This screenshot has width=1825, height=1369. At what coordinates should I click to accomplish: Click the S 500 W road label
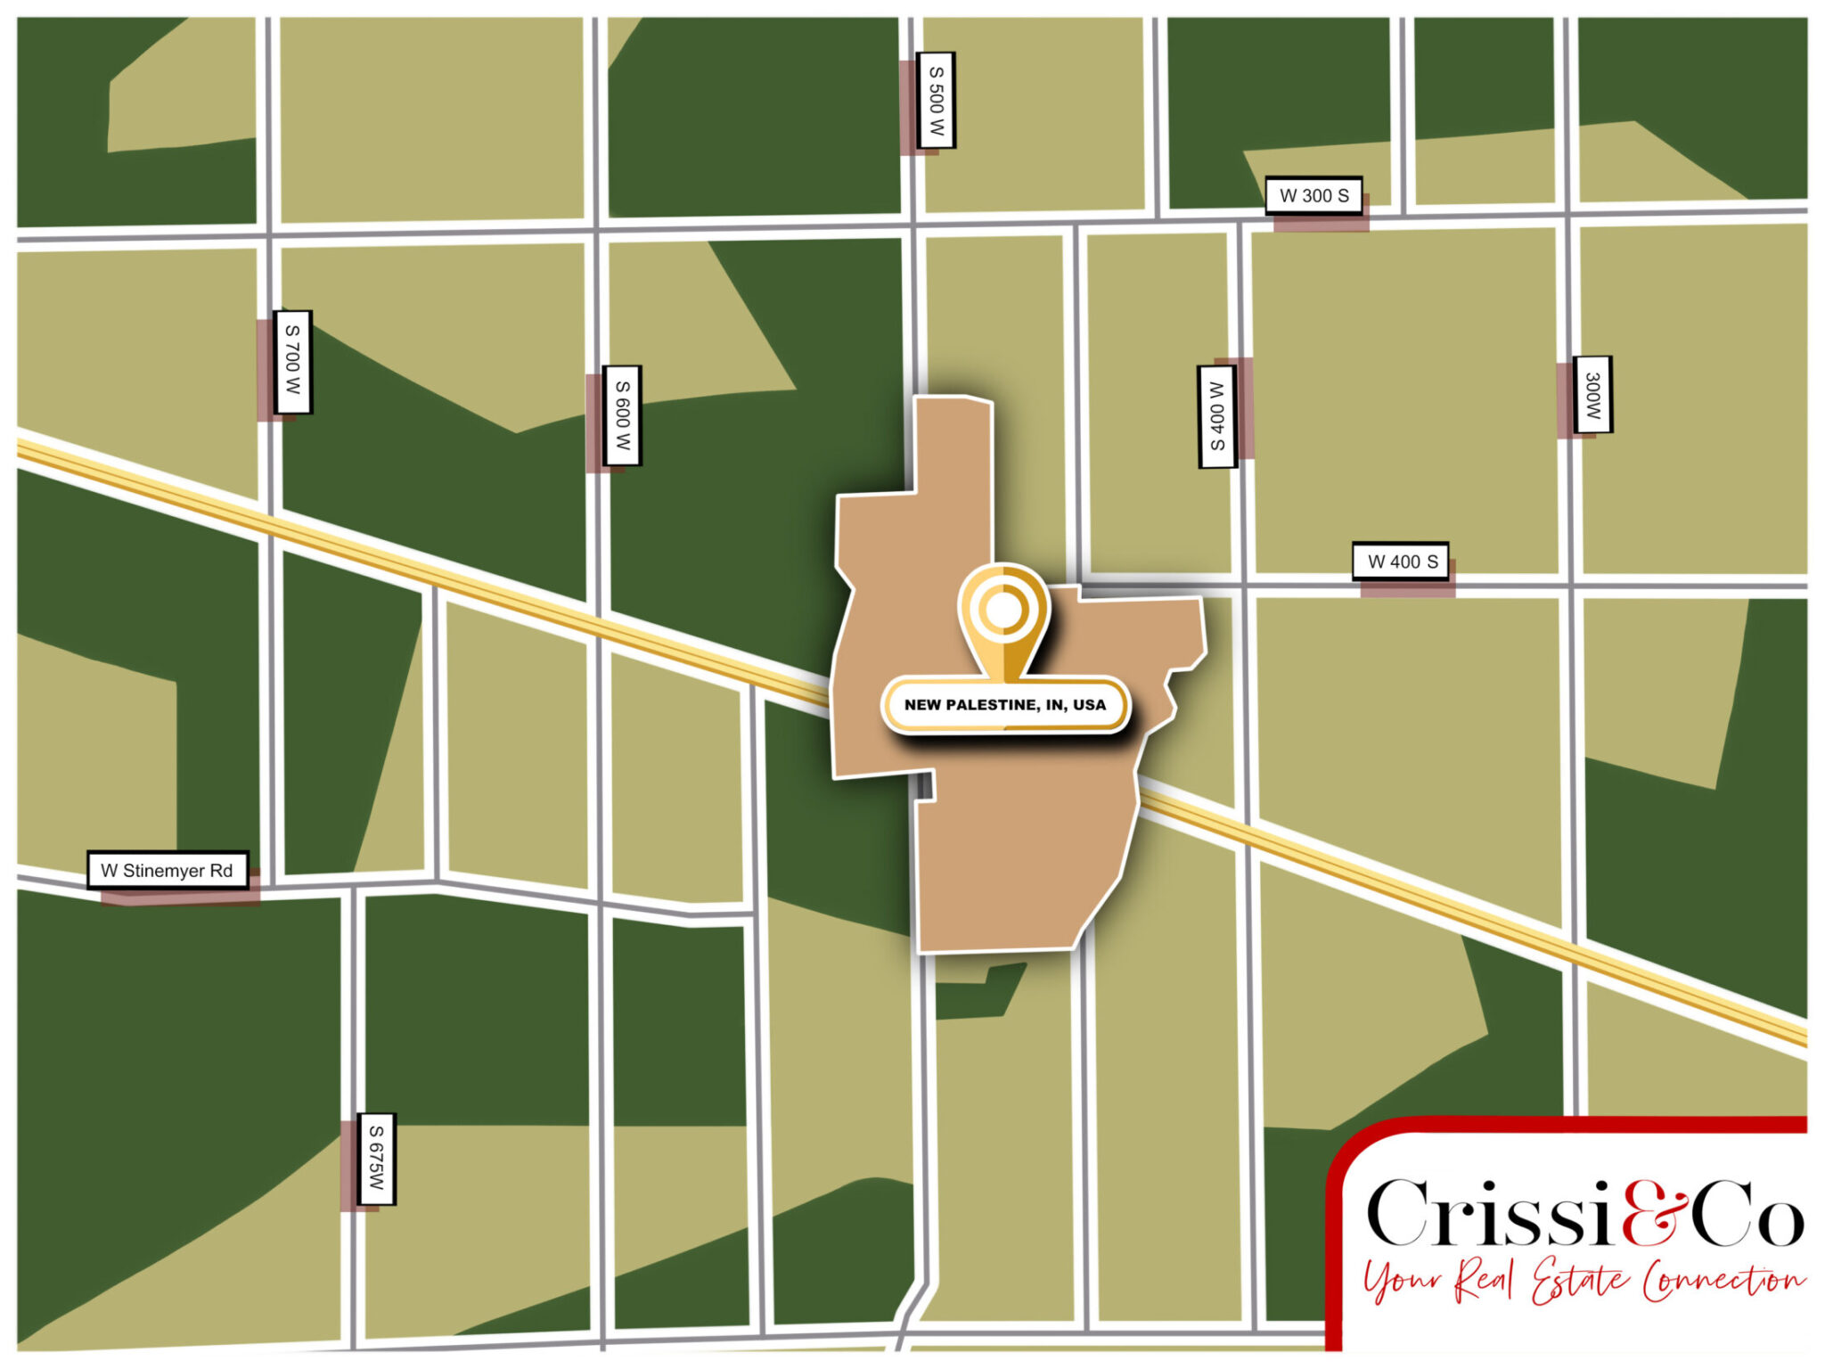[936, 100]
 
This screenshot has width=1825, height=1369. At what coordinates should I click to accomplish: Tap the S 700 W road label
[292, 362]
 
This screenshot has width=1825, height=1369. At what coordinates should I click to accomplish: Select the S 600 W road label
[622, 415]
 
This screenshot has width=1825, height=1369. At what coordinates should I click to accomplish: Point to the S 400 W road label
[1216, 416]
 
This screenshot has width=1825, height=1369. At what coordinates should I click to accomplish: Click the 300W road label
[1592, 395]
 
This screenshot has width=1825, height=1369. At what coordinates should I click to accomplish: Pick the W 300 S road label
[1314, 195]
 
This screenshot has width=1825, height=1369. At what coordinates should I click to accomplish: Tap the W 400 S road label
[1401, 562]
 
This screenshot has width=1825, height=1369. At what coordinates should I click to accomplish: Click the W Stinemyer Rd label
[168, 870]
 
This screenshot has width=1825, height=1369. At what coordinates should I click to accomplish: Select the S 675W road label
[376, 1158]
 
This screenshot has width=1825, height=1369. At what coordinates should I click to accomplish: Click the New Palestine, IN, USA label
[1005, 704]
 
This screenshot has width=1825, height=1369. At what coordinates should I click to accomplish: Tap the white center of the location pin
[1003, 611]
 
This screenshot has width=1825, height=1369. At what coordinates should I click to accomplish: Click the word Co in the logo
[1748, 1216]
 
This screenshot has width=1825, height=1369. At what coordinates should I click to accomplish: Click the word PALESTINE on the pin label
[993, 704]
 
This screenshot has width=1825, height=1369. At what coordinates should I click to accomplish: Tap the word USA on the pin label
[1089, 704]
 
